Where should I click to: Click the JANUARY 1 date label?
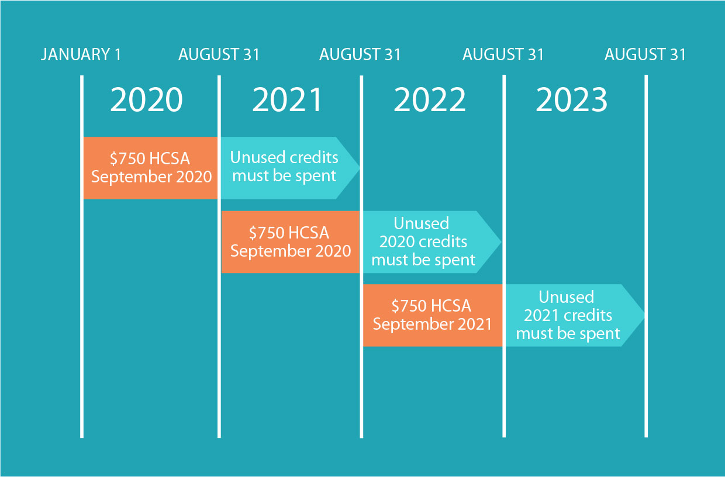[81, 54]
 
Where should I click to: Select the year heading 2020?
[146, 100]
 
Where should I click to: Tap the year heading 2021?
[287, 100]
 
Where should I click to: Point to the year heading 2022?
[430, 100]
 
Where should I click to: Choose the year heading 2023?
[572, 100]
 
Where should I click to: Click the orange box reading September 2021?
[433, 315]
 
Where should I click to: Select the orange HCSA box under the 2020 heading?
[150, 168]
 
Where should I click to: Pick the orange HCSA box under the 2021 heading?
[291, 242]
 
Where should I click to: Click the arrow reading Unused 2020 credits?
[432, 242]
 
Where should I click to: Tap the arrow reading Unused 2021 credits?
[575, 315]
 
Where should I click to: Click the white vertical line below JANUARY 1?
[82, 257]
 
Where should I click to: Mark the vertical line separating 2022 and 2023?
[504, 256]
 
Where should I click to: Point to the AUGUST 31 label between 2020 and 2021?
[219, 54]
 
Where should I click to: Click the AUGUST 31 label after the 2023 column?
[645, 54]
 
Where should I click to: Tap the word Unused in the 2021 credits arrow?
[567, 297]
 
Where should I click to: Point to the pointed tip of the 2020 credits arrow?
[500, 242]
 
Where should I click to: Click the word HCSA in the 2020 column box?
[170, 158]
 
